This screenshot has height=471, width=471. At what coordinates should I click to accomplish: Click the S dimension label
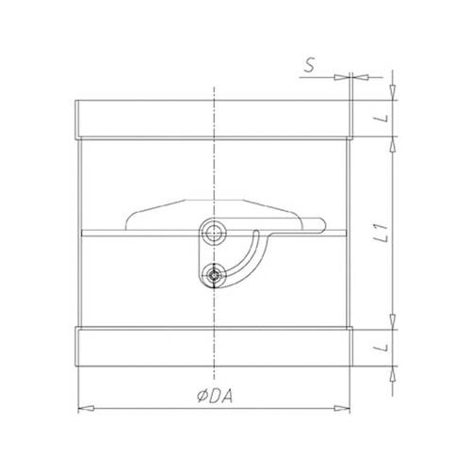309,66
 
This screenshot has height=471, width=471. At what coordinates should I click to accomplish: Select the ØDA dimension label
215,397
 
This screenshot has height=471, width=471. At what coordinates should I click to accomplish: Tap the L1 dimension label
382,234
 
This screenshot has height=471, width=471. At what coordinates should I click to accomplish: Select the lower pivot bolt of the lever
214,275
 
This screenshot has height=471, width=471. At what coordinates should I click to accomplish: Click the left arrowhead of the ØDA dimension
86,408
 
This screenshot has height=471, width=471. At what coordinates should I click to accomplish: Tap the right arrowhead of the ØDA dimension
342,408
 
